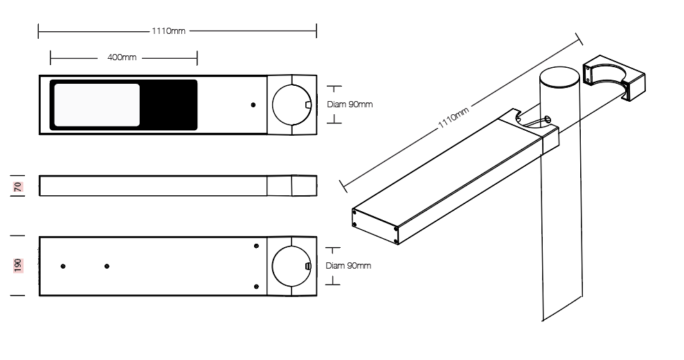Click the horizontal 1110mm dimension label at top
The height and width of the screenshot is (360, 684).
point(168,31)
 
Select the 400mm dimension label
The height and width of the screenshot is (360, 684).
point(122,57)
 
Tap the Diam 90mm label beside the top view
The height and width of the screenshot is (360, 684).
point(350,105)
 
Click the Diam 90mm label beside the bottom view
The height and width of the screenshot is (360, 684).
point(348,265)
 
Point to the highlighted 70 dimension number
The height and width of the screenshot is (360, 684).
point(18,187)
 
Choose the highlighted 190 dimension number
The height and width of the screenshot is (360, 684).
point(18,265)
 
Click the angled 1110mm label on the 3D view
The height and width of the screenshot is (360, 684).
point(453,118)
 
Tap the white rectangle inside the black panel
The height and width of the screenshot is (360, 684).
point(97,105)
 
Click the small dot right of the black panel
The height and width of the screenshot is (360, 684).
point(253,105)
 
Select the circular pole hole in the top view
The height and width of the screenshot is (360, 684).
point(292,105)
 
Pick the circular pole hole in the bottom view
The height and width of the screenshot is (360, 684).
point(291,266)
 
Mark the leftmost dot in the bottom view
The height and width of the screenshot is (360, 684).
point(63,266)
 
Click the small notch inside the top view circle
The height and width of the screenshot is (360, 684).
point(308,105)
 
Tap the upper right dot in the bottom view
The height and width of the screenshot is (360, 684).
point(256,246)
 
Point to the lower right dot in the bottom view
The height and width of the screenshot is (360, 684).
point(256,287)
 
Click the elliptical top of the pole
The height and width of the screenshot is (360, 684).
point(559,77)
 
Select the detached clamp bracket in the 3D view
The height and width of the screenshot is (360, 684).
point(614,78)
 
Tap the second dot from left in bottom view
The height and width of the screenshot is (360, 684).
point(107,266)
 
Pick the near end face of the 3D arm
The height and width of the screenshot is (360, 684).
point(375,226)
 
